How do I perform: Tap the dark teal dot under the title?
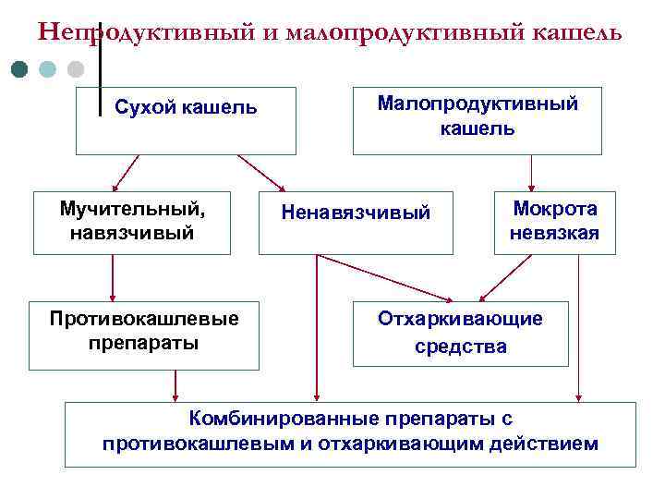20,69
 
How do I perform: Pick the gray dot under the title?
75,69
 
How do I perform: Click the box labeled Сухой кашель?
186,119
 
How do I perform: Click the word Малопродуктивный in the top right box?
478,103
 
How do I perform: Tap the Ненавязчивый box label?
356,213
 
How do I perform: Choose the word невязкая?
554,234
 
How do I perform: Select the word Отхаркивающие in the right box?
460,319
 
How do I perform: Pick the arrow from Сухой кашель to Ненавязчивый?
261,173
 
